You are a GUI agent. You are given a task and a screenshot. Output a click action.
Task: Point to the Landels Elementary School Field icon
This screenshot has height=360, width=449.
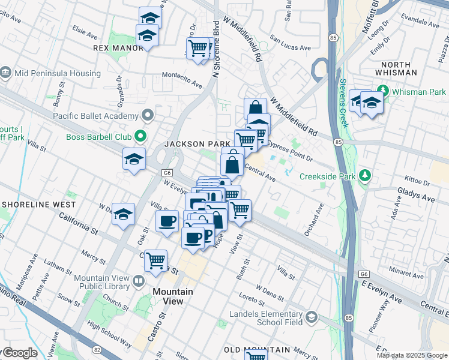pos(311,317)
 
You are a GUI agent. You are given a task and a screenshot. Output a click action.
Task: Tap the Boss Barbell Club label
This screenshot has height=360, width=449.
pos(98,137)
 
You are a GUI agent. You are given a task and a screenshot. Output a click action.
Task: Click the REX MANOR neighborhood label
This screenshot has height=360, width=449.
pos(118,48)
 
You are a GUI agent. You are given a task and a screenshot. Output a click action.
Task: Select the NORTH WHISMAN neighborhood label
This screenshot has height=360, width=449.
pos(395,68)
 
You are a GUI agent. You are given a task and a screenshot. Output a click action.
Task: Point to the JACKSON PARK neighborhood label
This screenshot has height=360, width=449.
pos(197,144)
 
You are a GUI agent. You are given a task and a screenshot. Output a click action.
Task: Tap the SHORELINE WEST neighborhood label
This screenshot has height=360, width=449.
pos(38,205)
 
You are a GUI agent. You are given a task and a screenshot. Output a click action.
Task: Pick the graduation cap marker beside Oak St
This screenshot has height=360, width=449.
pos(123,215)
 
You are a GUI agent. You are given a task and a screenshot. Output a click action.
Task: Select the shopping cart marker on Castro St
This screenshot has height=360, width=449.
pos(155,261)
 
